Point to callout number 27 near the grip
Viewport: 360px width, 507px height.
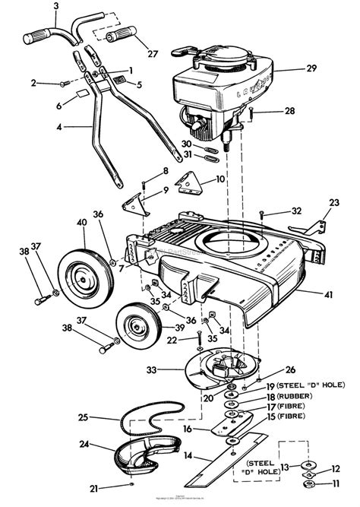point(153,54)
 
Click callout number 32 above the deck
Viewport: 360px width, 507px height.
point(275,211)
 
